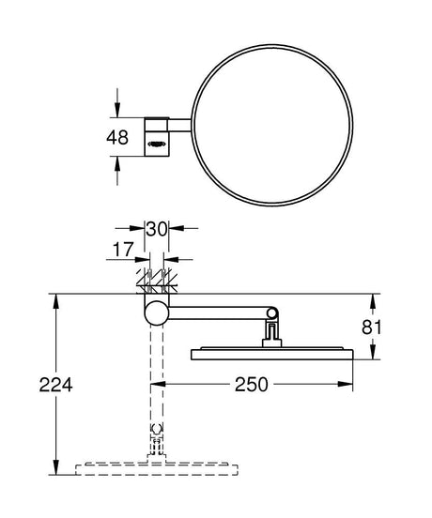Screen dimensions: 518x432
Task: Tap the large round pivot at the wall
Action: (x=155, y=312)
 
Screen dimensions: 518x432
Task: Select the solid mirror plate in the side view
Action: (x=272, y=355)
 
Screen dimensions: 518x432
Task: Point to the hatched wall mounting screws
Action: (x=155, y=281)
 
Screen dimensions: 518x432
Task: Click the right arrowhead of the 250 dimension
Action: (x=348, y=385)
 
